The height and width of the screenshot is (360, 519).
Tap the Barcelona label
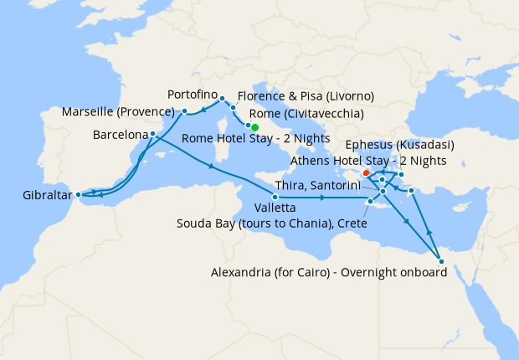(x=120, y=134)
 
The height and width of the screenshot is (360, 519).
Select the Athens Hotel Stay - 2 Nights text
(x=367, y=160)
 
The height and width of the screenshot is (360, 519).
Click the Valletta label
(x=274, y=207)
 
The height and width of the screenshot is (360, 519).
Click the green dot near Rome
(x=254, y=127)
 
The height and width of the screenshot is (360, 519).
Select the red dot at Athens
(x=366, y=173)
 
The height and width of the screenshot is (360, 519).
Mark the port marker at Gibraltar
(x=79, y=195)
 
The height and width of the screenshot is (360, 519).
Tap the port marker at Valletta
(x=275, y=196)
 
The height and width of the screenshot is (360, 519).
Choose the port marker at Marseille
(x=184, y=111)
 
